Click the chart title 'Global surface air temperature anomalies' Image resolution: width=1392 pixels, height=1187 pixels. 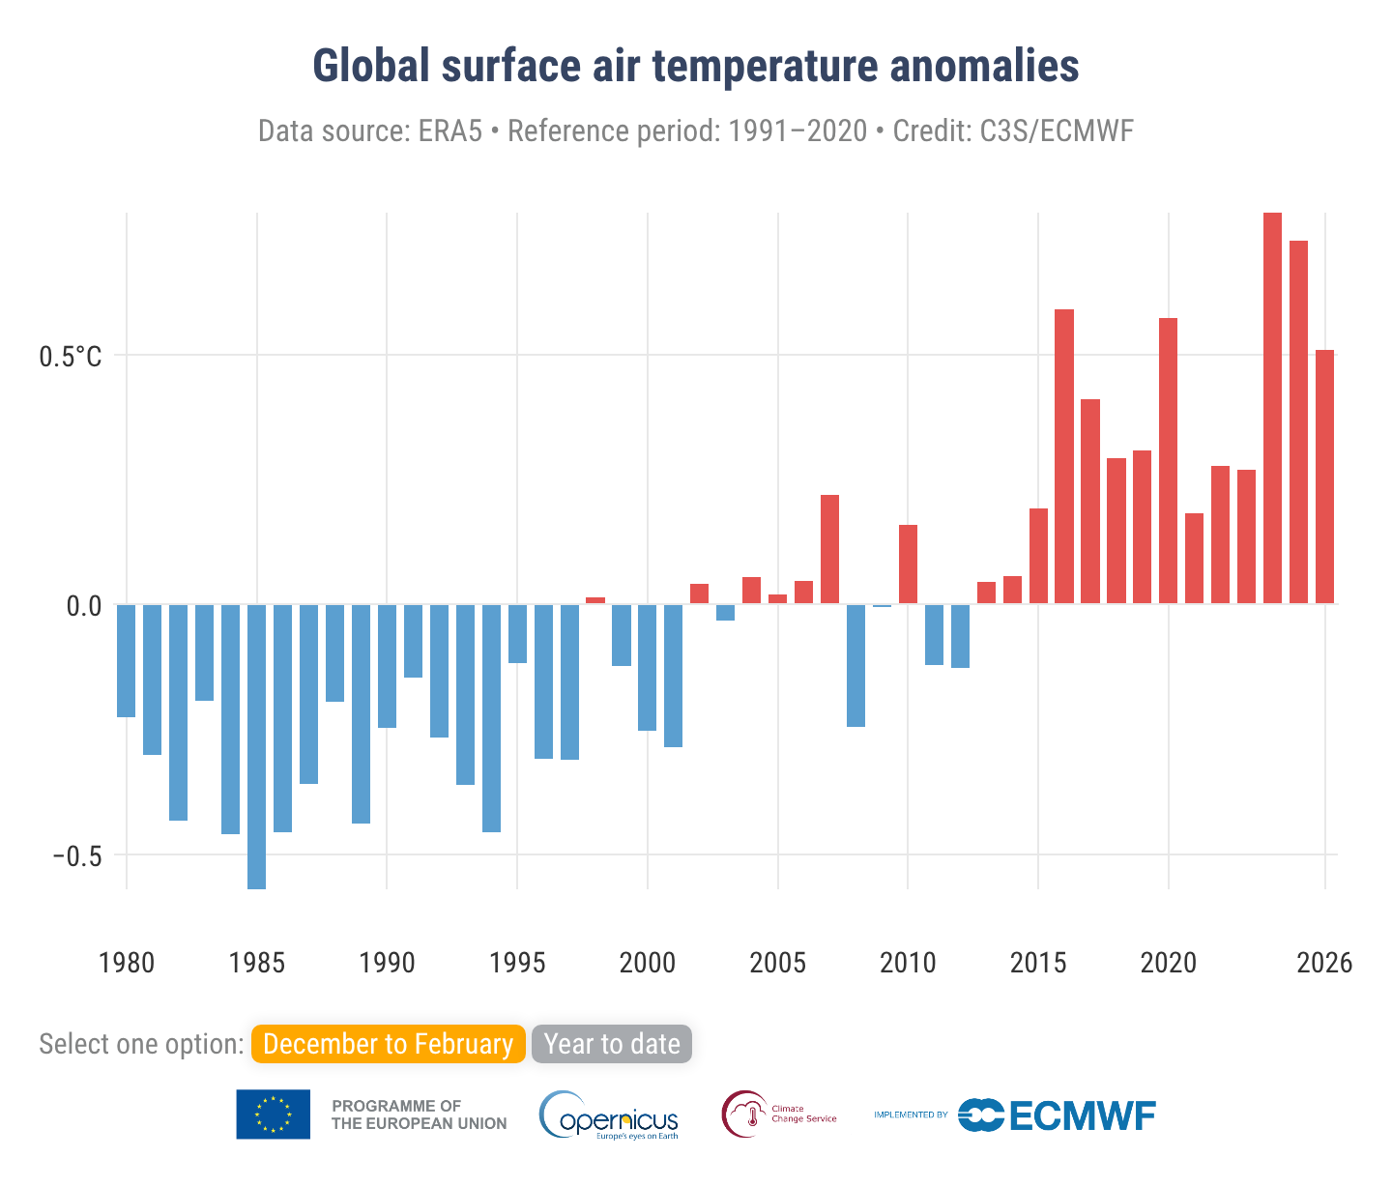(696, 67)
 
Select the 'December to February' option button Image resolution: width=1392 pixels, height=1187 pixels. (388, 1044)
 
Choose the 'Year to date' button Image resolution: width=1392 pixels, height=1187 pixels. (612, 1044)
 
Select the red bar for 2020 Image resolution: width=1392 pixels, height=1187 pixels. (1168, 460)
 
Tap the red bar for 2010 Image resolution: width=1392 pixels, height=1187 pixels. (908, 565)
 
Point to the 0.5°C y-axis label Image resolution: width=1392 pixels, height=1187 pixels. (70, 357)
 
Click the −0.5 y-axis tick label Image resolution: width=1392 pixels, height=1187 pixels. (77, 855)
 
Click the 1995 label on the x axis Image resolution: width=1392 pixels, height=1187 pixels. (517, 963)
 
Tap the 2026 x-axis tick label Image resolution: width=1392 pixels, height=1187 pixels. (1324, 963)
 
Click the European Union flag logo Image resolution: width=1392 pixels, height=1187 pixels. (274, 1115)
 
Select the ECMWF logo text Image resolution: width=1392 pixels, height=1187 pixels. (1082, 1115)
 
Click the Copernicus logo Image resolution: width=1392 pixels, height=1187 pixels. (609, 1115)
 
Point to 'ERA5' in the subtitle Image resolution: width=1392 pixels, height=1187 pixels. (449, 130)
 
